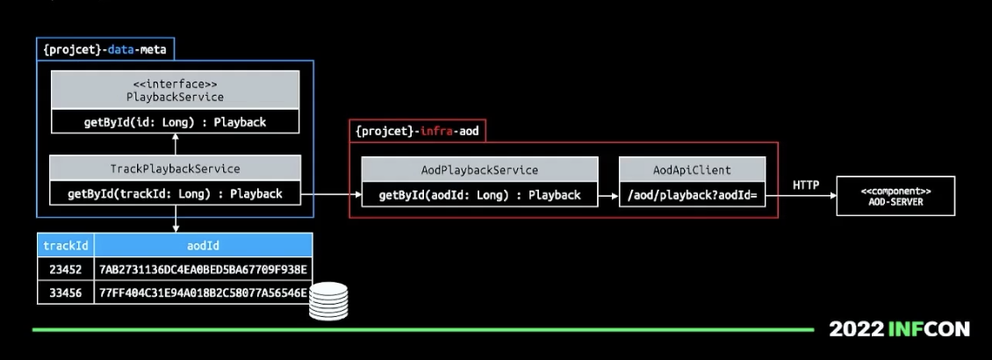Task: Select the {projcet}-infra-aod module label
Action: coord(417,131)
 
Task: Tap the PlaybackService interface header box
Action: coord(175,90)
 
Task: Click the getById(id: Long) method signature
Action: coord(175,122)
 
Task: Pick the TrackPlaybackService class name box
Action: coord(175,168)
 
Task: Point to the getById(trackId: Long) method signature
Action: coord(175,193)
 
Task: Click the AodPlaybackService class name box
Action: coord(479,169)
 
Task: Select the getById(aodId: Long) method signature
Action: coord(479,195)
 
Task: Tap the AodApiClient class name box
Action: coord(692,169)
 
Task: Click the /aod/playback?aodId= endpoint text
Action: coord(692,195)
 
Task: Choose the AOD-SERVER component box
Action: coord(895,195)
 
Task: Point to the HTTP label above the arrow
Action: coord(806,185)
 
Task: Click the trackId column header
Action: coord(66,246)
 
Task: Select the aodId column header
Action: coord(203,246)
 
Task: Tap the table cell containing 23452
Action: coord(66,269)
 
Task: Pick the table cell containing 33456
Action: coord(66,292)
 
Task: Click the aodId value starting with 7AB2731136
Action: coord(203,269)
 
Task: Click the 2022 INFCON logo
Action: coord(899,329)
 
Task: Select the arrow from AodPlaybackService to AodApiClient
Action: coord(608,195)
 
